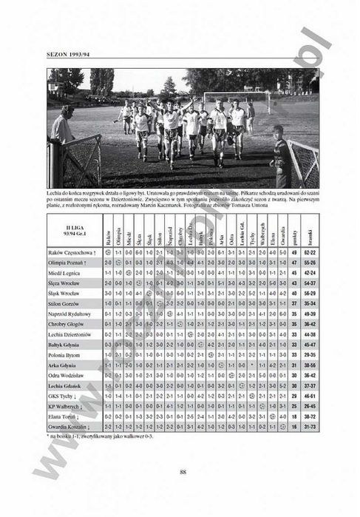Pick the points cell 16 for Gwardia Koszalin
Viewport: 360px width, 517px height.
tap(294, 427)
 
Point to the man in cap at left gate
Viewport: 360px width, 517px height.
tap(61, 126)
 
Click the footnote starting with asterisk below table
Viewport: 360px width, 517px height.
tap(103, 436)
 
